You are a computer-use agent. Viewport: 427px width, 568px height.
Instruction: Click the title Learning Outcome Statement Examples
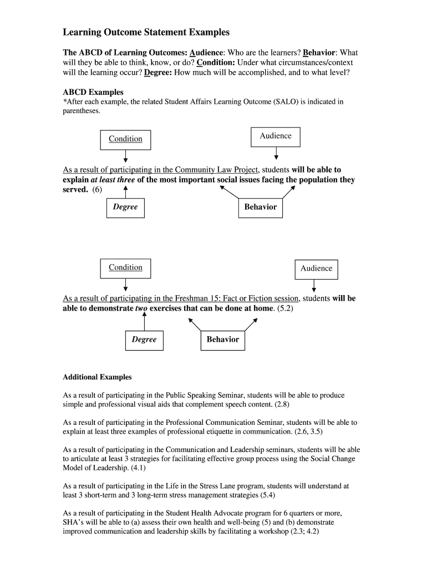pyautogui.click(x=146, y=33)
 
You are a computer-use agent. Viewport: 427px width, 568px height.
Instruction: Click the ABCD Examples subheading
pyautogui.click(x=93, y=92)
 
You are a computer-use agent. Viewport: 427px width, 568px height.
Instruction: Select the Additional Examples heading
pyautogui.click(x=97, y=377)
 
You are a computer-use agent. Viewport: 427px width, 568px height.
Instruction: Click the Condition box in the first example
pyautogui.click(x=125, y=139)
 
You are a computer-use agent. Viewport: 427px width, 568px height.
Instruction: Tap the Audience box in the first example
pyautogui.click(x=276, y=136)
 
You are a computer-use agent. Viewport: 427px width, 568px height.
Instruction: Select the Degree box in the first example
pyautogui.click(x=125, y=207)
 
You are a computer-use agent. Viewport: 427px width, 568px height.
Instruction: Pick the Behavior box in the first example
pyautogui.click(x=260, y=207)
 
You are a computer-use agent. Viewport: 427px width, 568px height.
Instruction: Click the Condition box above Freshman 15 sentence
pyautogui.click(x=125, y=268)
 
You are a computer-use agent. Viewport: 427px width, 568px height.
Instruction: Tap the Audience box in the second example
pyautogui.click(x=316, y=268)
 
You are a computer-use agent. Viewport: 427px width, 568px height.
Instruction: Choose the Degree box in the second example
pyautogui.click(x=144, y=339)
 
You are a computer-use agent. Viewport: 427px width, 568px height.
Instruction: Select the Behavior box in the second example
pyautogui.click(x=222, y=339)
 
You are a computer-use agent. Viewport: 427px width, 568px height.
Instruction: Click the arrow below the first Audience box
pyautogui.click(x=276, y=153)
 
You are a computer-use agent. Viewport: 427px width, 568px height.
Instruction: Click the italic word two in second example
pyautogui.click(x=142, y=308)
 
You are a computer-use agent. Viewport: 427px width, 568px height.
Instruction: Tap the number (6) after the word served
pyautogui.click(x=96, y=190)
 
